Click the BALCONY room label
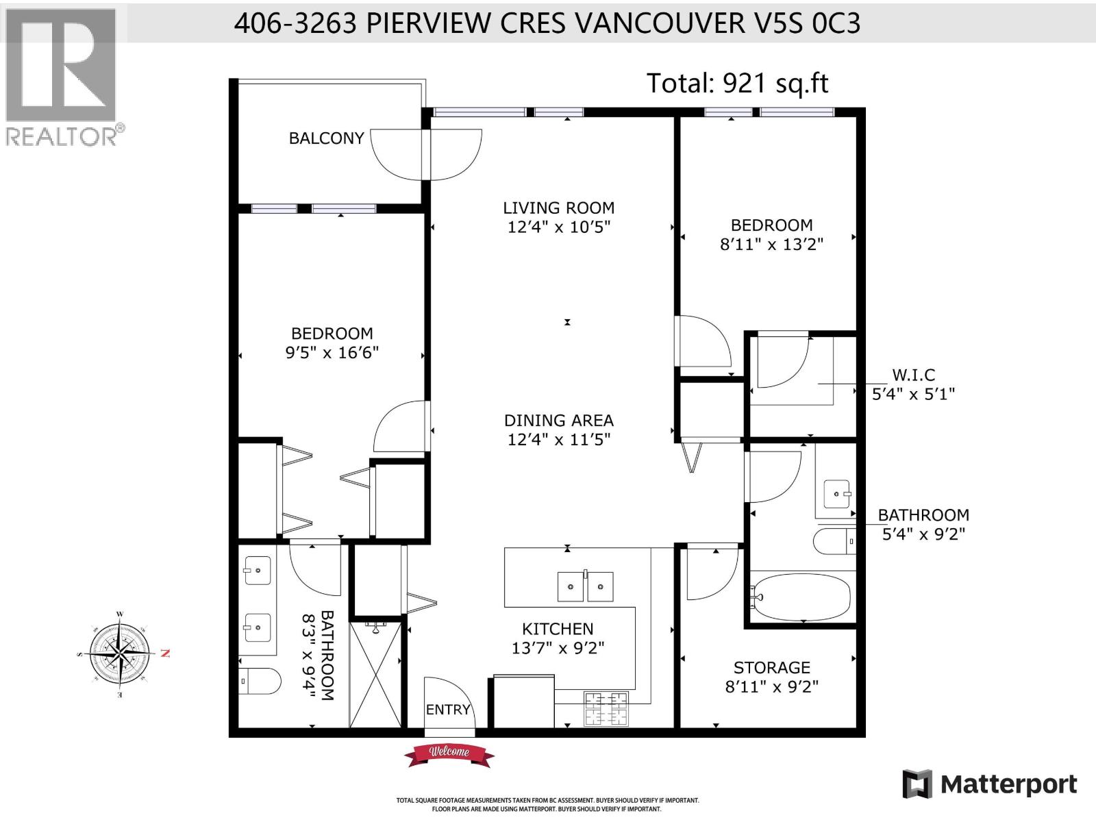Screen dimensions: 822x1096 tap(326, 138)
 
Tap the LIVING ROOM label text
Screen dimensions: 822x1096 tap(558, 208)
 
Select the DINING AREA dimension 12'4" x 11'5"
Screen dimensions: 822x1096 tap(558, 439)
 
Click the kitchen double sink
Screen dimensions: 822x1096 tap(586, 587)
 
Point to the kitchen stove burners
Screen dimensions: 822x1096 tap(606, 708)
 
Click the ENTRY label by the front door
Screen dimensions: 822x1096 tap(448, 710)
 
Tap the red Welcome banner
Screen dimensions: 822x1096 tap(449, 753)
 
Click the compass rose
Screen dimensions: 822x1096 tap(121, 654)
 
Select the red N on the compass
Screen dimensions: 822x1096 tap(164, 653)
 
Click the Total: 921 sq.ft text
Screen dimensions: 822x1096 tap(737, 84)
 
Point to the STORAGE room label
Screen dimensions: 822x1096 tap(771, 667)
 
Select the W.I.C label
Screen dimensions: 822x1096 tap(913, 375)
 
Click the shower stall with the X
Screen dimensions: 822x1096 tap(375, 674)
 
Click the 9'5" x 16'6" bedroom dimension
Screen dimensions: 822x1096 tap(332, 353)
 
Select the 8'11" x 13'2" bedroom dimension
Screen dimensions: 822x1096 tap(771, 245)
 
